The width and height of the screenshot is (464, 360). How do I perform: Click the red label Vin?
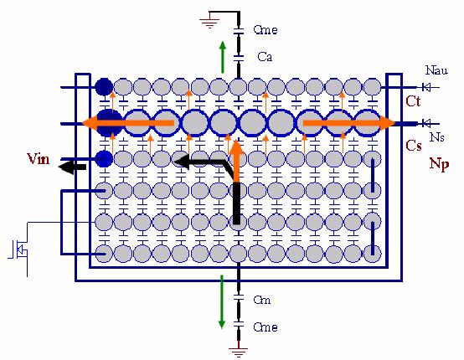click(39, 159)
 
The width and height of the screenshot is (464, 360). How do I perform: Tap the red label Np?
click(440, 163)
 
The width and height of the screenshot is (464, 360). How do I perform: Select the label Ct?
click(413, 101)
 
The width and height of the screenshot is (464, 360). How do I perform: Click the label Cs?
click(414, 146)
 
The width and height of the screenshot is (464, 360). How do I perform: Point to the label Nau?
click(436, 70)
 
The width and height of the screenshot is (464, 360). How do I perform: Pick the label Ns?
click(436, 137)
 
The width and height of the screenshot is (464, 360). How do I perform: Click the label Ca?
click(265, 57)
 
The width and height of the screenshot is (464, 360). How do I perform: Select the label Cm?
click(262, 301)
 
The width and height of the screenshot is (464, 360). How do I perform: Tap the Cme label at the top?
click(266, 30)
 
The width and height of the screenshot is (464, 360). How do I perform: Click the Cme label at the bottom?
click(266, 327)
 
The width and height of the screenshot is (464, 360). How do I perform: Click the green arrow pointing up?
click(223, 57)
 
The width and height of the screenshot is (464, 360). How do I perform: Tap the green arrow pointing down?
click(222, 301)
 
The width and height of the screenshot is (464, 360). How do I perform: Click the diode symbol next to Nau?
click(425, 87)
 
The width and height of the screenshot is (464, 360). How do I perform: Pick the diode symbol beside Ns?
click(425, 123)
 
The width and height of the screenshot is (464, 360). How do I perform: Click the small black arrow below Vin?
click(73, 167)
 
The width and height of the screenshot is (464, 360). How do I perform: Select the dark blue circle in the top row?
click(104, 87)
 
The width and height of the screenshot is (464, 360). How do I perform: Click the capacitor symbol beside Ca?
click(239, 58)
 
